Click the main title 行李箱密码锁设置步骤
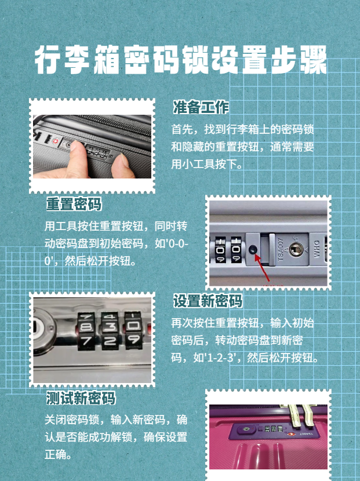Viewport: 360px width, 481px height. point(180,60)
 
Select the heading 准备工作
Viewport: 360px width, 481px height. point(201,108)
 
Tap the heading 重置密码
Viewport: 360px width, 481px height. point(74,205)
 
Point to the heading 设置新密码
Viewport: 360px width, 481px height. point(208,301)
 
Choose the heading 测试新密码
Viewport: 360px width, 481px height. point(81,398)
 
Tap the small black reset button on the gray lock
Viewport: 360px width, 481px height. point(253,251)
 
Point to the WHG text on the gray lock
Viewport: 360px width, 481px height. point(317,249)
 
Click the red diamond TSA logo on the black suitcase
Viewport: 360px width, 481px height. point(55,140)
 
